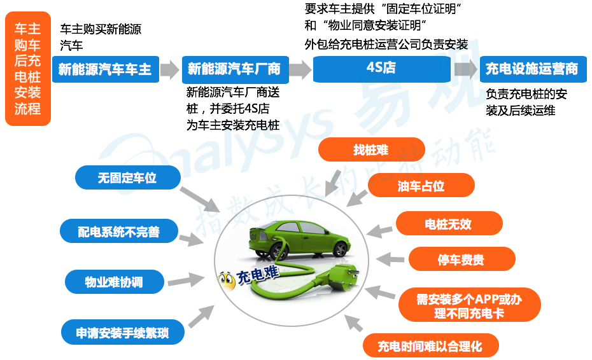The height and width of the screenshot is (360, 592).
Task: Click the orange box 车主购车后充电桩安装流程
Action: tap(27, 69)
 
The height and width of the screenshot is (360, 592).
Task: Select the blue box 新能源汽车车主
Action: tap(105, 69)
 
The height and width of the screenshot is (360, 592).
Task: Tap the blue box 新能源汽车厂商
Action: tap(234, 69)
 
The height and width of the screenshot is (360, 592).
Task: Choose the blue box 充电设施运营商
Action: tap(532, 69)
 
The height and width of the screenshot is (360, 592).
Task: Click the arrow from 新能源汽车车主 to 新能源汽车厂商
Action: tap(169, 69)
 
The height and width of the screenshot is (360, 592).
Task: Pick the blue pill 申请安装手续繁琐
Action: tap(123, 333)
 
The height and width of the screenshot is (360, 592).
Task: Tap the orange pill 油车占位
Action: tap(421, 186)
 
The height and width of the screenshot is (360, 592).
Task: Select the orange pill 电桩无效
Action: tap(449, 224)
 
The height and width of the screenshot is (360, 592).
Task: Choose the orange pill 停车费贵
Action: tap(461, 260)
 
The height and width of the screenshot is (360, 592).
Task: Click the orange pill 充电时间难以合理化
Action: tap(430, 346)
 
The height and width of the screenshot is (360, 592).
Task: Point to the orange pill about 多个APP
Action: tap(469, 305)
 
